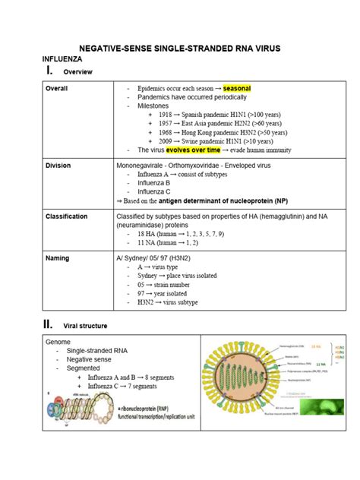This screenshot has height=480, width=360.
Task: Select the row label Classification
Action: coord(67,216)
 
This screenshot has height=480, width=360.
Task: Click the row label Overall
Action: coord(57,89)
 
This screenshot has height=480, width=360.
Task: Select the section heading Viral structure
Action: coord(85,326)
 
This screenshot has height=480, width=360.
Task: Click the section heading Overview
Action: coord(78,71)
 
